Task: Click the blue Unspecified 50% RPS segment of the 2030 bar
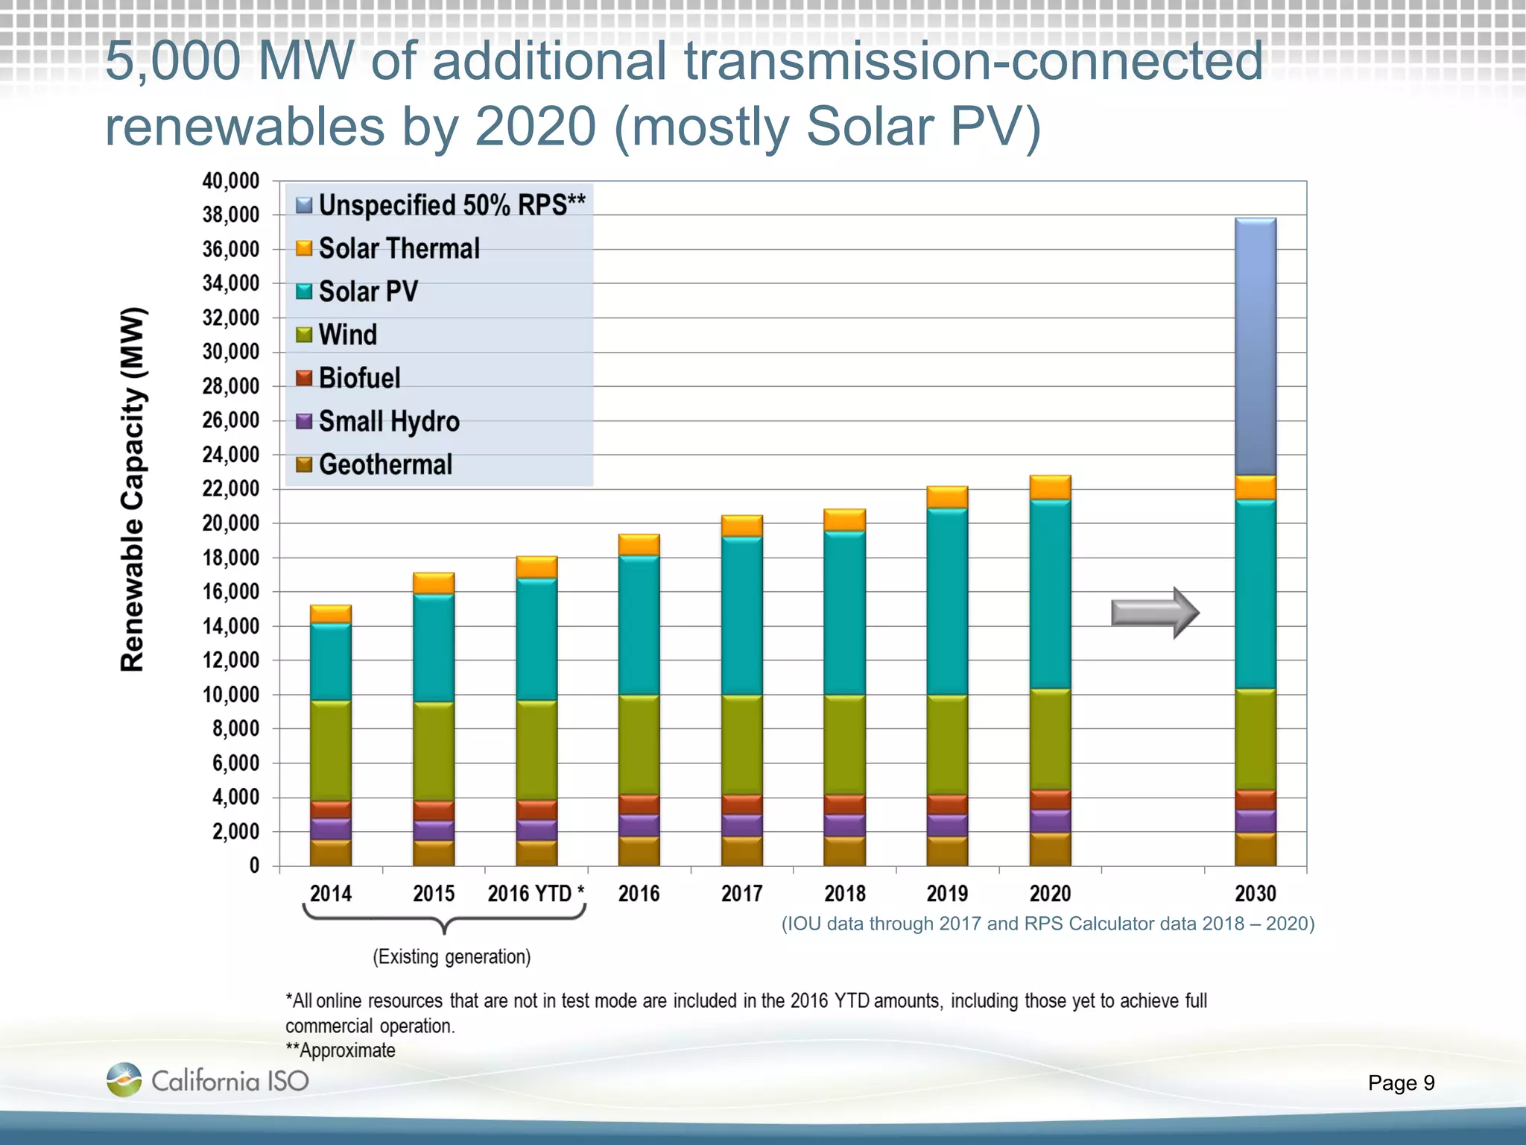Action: click(x=1256, y=347)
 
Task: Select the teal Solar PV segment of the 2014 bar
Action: click(x=330, y=662)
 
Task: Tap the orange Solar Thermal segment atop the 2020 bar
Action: click(x=1050, y=488)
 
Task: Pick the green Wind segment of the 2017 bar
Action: click(x=741, y=744)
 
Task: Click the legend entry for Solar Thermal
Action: click(x=399, y=248)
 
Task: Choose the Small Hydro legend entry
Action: click(x=388, y=421)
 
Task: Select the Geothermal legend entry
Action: click(x=384, y=464)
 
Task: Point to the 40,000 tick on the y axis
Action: click(x=231, y=181)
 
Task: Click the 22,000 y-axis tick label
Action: click(x=231, y=489)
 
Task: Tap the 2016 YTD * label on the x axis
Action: click(x=536, y=893)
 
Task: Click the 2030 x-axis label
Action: click(x=1256, y=893)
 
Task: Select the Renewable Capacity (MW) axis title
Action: click(x=133, y=489)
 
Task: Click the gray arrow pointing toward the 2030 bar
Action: click(x=1154, y=613)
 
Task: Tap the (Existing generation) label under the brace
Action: click(x=452, y=957)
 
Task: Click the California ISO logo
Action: click(x=208, y=1080)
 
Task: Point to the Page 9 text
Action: click(x=1401, y=1082)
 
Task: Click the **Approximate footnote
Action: click(x=341, y=1050)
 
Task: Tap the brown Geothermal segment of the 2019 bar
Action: click(x=947, y=851)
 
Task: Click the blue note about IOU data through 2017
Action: click(x=1047, y=924)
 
